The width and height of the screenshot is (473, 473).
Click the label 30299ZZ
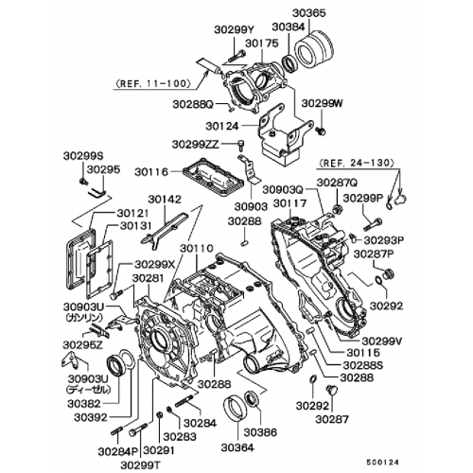[197, 144]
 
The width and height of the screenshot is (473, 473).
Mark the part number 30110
[200, 248]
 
